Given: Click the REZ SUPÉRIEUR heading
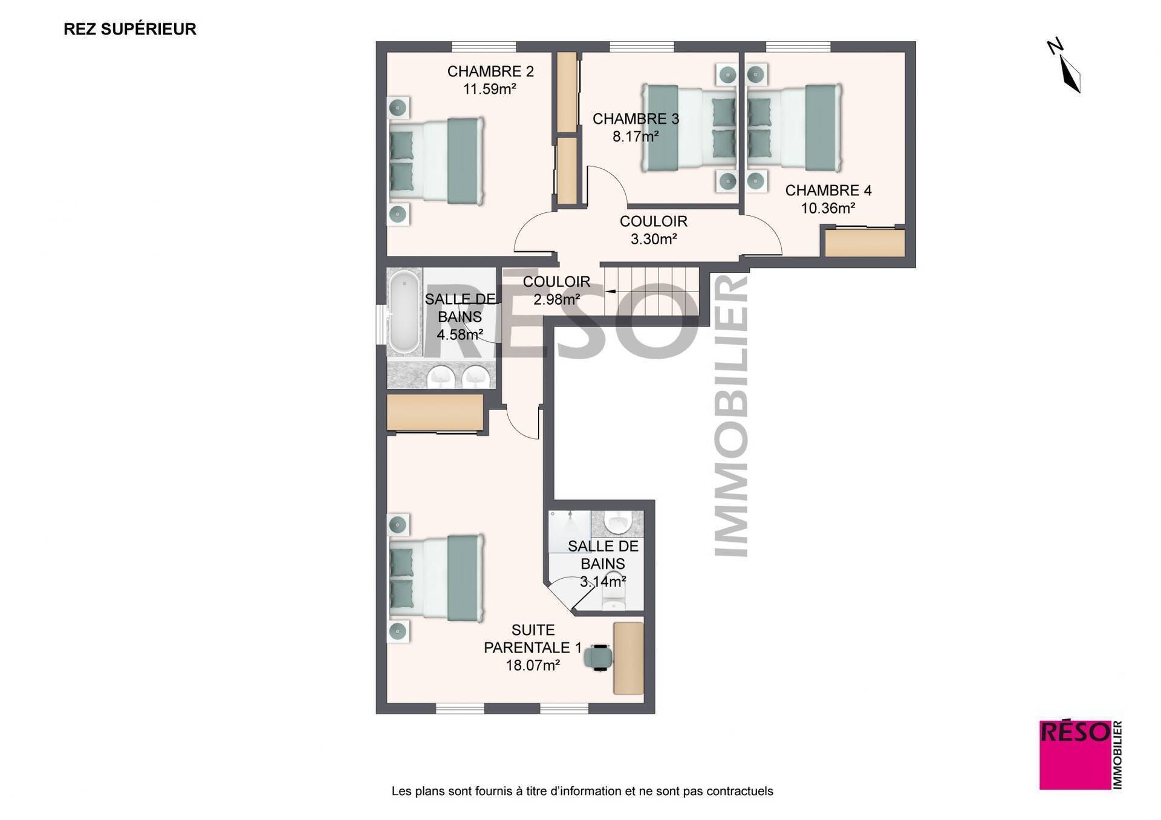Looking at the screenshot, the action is point(130,29).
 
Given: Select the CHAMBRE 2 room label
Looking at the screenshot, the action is point(490,71).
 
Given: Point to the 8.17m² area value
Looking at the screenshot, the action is point(636,137).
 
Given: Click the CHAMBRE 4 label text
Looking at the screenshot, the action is point(828,190).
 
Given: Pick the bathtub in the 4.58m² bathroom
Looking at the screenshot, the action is point(404,313).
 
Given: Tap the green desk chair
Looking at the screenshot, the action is point(599,657).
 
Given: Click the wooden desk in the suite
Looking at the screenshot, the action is point(628,658).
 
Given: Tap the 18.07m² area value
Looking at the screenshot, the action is point(533,665).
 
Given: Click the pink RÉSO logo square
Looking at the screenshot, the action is point(1075,755).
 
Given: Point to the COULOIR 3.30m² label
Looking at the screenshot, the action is point(654,230).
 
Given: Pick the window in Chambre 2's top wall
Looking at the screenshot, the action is point(484,47).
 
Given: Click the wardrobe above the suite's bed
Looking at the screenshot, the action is point(435,412).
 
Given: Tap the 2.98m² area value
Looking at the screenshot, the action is point(557,299).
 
